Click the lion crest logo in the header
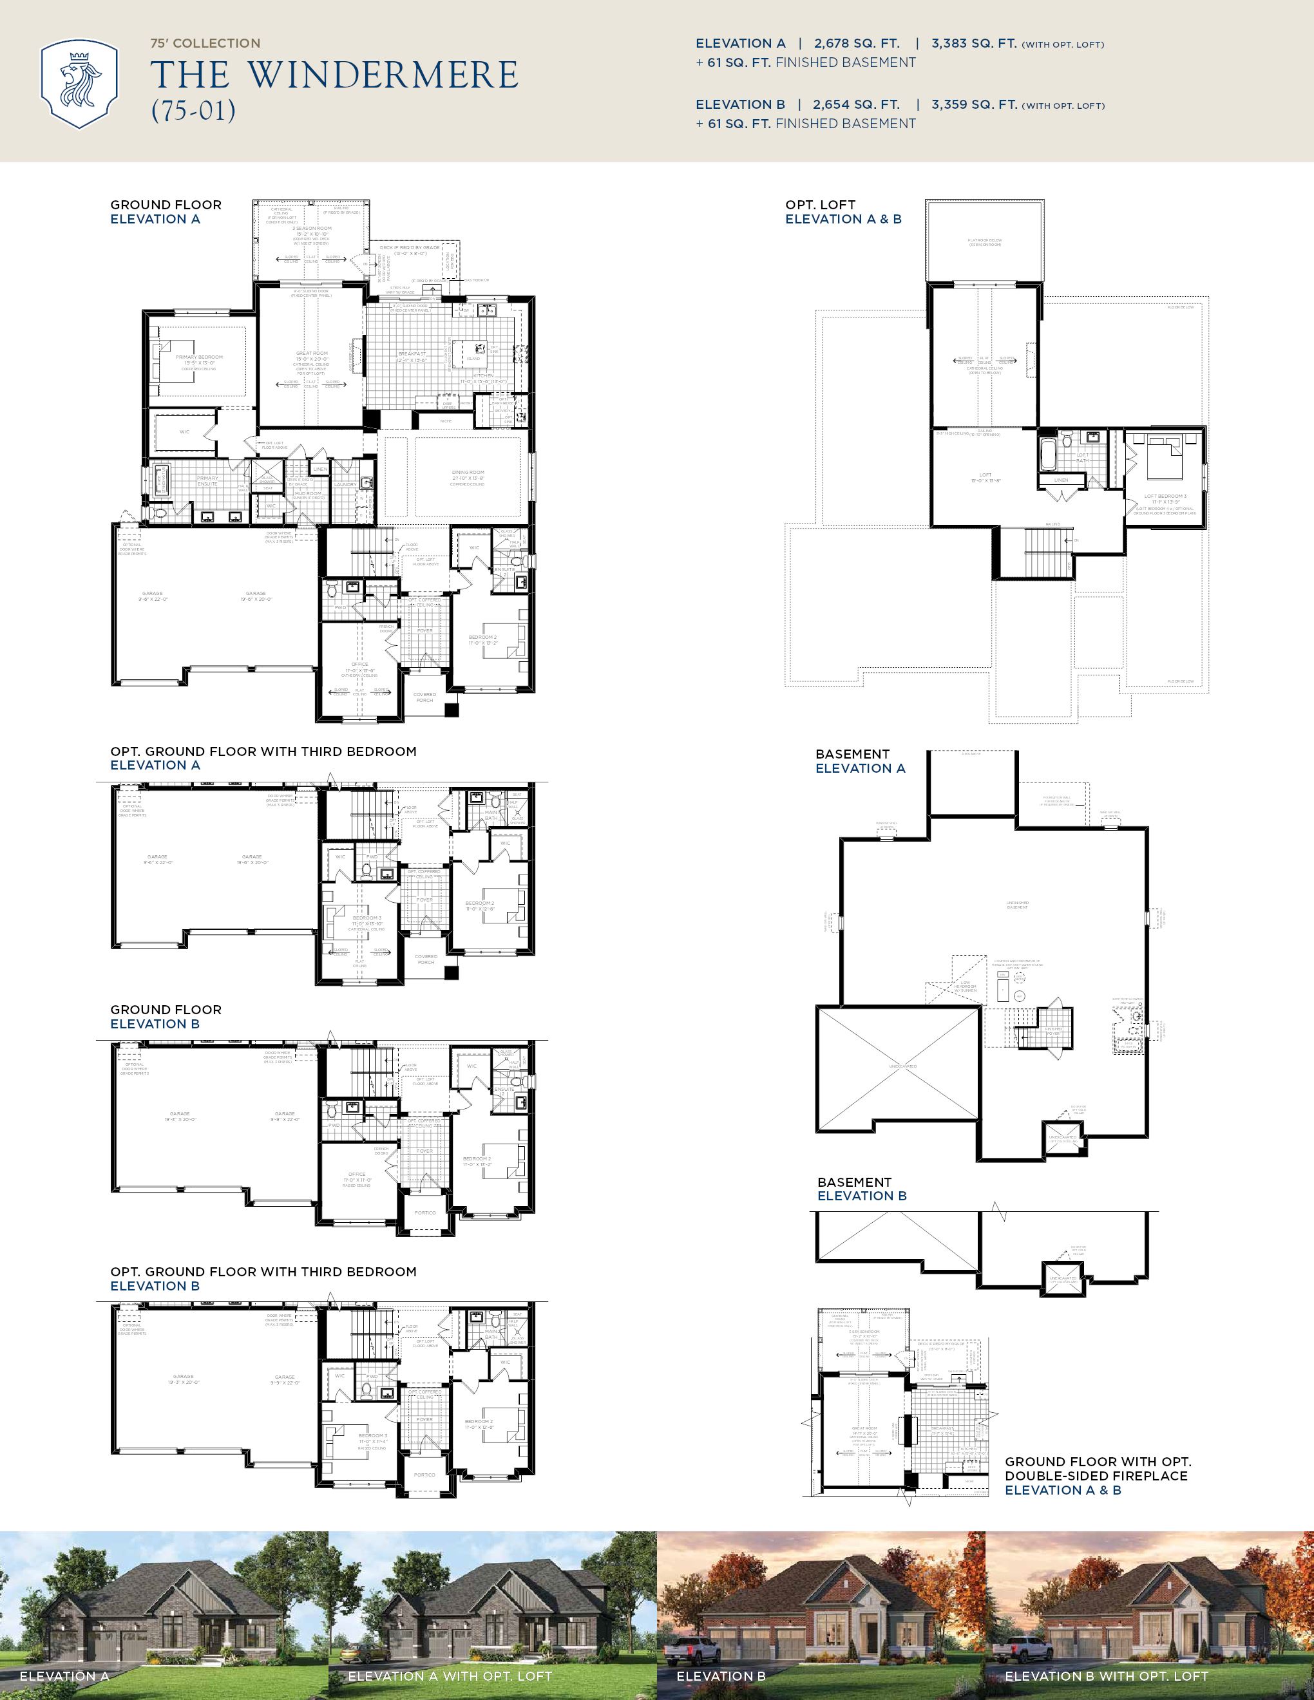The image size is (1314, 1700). click(79, 84)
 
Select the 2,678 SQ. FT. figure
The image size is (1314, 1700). click(856, 44)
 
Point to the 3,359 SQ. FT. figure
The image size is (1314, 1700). click(974, 104)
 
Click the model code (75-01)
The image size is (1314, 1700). click(193, 111)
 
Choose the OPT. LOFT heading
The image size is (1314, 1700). click(821, 205)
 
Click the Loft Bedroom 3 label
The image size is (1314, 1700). click(1165, 496)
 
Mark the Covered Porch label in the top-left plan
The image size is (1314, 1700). click(424, 697)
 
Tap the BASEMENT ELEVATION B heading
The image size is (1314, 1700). click(861, 1189)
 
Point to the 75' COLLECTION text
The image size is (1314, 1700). click(205, 44)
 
